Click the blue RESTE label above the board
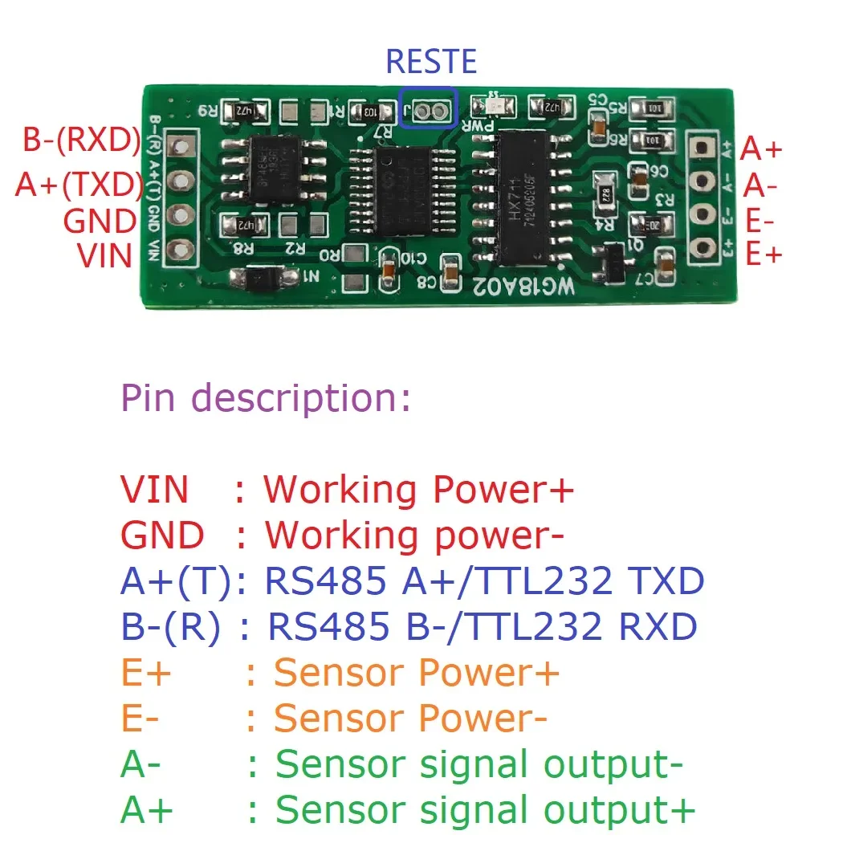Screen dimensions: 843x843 coord(431,62)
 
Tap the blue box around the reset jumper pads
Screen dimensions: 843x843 coord(429,108)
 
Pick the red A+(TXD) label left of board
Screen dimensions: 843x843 coord(79,185)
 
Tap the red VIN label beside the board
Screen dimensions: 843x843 coord(105,255)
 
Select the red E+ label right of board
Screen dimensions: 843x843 coord(763,255)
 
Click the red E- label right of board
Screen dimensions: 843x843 coord(760,221)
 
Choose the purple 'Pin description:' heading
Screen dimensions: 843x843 coord(266,397)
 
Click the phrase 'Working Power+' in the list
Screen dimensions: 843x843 coord(418,489)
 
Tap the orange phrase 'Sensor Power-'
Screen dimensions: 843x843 coord(410,719)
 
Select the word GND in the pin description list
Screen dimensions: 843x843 coord(162,536)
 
